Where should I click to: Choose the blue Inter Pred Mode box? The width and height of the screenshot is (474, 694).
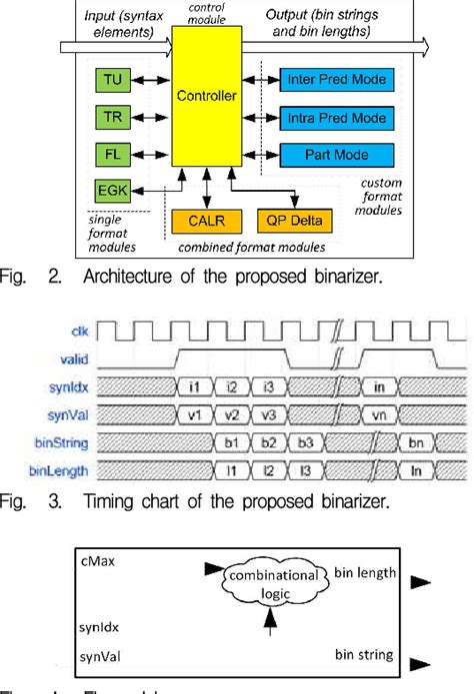335,77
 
